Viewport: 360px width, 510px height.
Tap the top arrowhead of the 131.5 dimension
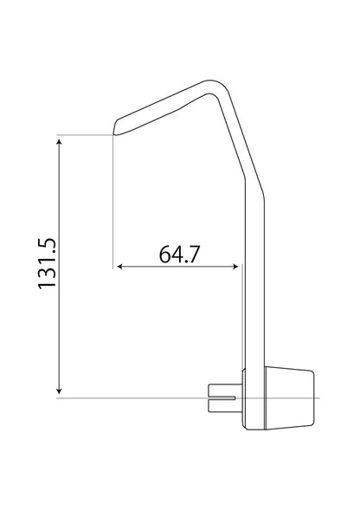[59, 140]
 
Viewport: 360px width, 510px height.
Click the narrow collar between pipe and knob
[247, 397]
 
